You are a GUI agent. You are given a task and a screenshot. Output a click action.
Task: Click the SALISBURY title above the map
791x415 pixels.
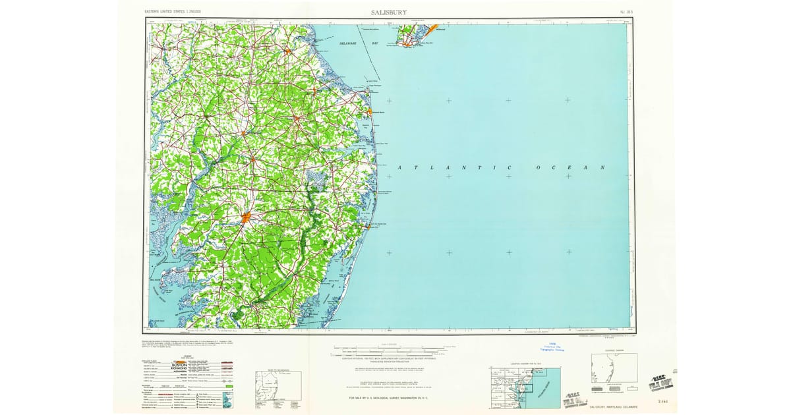point(389,12)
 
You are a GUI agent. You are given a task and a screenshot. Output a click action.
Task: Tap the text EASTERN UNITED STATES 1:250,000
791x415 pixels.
point(173,13)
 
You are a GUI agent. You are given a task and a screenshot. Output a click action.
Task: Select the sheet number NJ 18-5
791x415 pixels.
point(628,13)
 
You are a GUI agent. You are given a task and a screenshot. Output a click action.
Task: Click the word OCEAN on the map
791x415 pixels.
point(570,168)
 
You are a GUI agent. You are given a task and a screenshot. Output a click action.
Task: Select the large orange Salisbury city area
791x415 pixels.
point(245,218)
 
